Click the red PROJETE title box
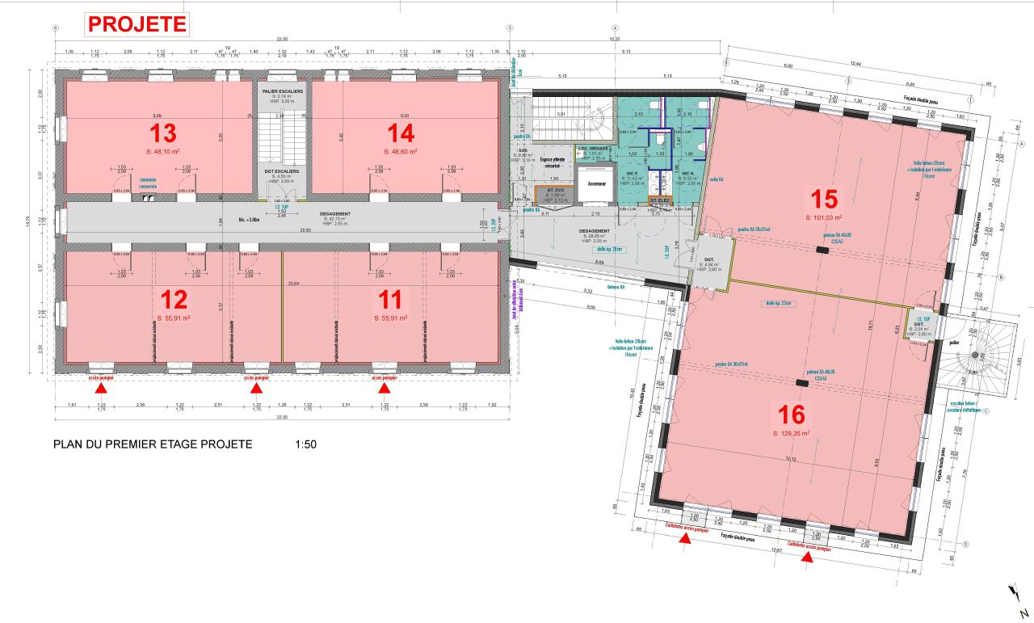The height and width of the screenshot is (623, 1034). pos(137,24)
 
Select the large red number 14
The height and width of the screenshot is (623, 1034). pos(400,133)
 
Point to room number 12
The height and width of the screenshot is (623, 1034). pos(174,301)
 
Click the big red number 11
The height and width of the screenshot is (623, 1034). pos(390,301)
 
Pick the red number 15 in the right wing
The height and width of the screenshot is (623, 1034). pos(823,199)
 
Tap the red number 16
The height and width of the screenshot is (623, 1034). pos(792,415)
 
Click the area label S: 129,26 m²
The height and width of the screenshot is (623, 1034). pos(792,434)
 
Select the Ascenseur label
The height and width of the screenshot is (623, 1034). pos(596,183)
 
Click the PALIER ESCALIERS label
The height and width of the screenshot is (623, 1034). pos(282,92)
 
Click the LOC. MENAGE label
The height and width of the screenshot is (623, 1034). pos(594,149)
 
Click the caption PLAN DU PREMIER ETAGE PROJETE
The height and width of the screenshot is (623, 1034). pos(153,444)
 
